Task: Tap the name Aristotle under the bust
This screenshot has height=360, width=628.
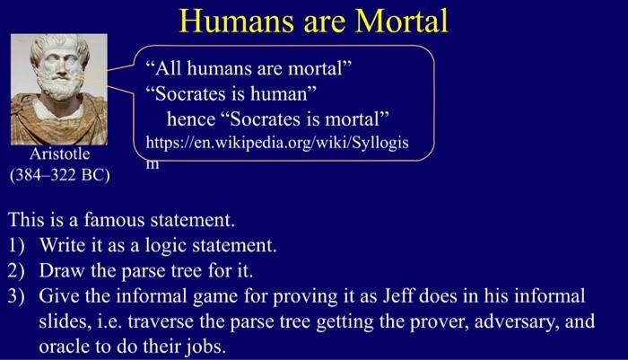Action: (x=60, y=154)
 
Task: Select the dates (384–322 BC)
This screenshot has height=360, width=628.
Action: (x=60, y=174)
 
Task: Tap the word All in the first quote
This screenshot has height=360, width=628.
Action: (x=171, y=68)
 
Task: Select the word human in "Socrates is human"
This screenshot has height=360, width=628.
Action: (x=289, y=92)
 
